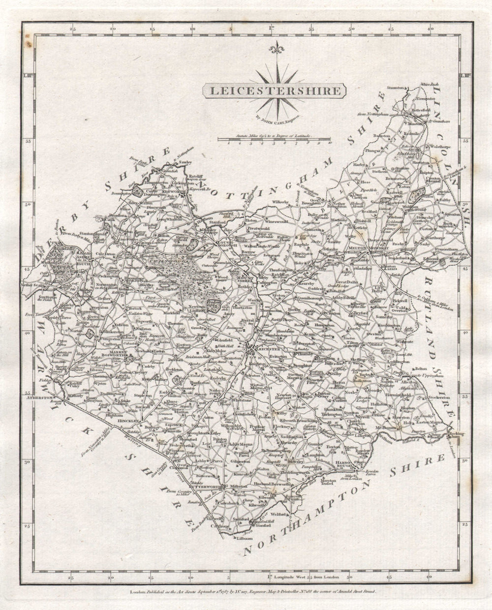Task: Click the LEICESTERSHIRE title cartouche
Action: (275, 91)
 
